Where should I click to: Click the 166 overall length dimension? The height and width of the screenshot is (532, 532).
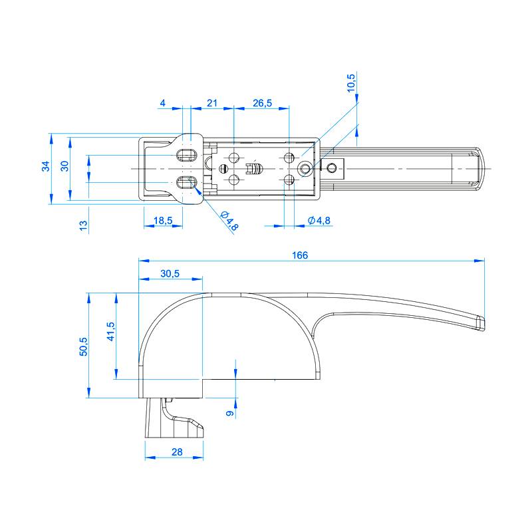tap(300, 255)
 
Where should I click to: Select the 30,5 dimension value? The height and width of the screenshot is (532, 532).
tap(170, 273)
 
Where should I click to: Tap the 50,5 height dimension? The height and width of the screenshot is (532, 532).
tap(84, 346)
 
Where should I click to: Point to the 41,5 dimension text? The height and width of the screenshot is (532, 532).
tap(111, 331)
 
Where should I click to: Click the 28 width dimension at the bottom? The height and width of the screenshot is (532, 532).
tap(177, 452)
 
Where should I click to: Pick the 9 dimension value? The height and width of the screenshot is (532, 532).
tap(230, 413)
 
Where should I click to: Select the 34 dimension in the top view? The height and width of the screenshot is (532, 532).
tap(46, 166)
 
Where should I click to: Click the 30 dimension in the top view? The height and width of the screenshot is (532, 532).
tap(65, 166)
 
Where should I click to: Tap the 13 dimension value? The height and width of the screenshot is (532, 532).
tap(84, 225)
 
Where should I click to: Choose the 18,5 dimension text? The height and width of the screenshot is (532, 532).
tap(163, 221)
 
